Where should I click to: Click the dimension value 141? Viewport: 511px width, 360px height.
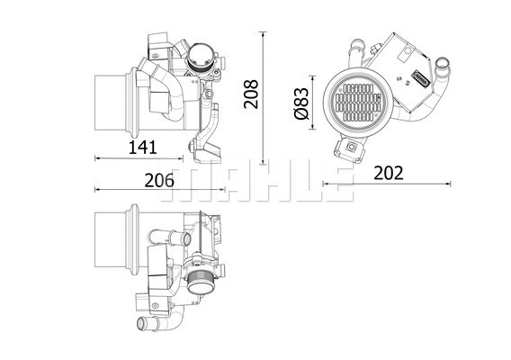143,145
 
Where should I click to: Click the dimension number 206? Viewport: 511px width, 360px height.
159,179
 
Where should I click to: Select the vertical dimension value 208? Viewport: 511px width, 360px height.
252,94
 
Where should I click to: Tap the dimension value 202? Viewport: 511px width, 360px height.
387,173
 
